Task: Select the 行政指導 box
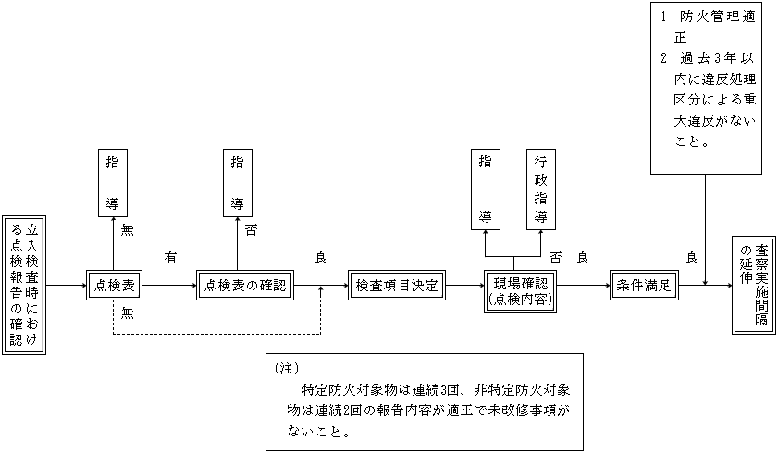[541, 189]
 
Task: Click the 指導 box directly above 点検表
[113, 181]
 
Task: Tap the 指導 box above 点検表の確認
[238, 181]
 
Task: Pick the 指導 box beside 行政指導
[485, 189]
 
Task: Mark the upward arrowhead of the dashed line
[321, 291]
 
